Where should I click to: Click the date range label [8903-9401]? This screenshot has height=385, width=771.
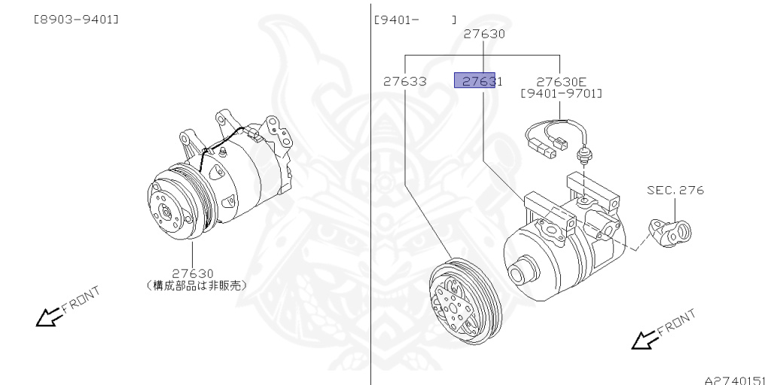coord(76,19)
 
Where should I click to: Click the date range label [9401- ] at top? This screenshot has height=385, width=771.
coord(414,19)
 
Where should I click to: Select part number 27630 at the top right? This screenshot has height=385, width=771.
coord(483,34)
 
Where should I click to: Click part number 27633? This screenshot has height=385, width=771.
coord(404,81)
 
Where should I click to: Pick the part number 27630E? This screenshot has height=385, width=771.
coord(562,81)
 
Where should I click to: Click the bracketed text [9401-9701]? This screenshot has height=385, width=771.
coord(562,93)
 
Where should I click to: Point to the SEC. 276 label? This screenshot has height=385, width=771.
coord(675,190)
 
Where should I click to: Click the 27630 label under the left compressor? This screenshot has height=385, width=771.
coord(193,273)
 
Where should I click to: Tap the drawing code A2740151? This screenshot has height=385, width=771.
coord(735,380)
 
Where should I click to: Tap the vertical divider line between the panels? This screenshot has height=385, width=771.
coord(371,226)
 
